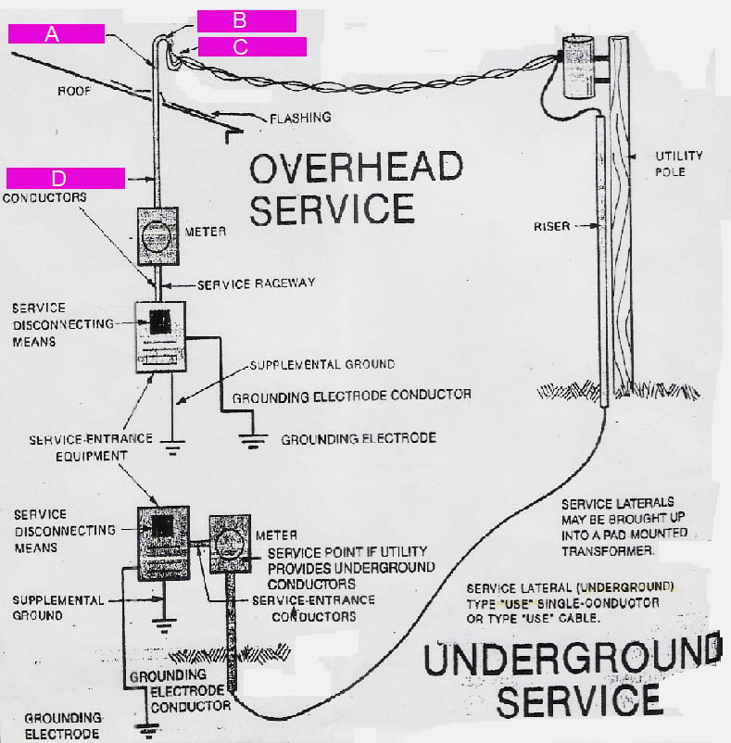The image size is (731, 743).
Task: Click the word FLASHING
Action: coord(300,118)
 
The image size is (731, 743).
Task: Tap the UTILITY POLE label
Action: coord(679,164)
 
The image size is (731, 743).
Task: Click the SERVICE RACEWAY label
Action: coord(250,283)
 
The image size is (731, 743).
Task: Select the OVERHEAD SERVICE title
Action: coord(357,189)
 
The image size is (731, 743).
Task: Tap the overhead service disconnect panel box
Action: coord(161,336)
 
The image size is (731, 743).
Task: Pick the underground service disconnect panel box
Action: coord(163,542)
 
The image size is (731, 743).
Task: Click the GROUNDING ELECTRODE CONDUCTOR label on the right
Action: coord(351,396)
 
